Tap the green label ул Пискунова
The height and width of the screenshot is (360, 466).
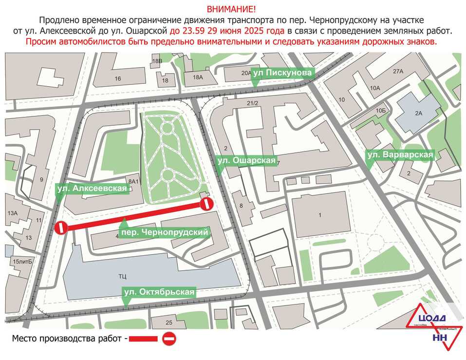coord(282,73)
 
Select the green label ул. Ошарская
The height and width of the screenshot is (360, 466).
coord(246,160)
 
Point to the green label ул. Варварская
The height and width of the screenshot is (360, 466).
coord(400,155)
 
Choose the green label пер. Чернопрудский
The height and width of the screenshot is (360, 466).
coord(166,233)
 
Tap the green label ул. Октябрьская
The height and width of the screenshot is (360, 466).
coord(159,292)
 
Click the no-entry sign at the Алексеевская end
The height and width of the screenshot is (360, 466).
coord(61,227)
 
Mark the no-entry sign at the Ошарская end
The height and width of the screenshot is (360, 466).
coord(207,204)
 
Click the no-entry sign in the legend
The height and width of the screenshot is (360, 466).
coord(169,338)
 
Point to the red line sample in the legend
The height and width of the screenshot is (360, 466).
coord(143,339)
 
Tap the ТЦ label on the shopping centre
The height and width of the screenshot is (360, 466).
coord(122,277)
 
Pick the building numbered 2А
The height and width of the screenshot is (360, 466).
coord(418,113)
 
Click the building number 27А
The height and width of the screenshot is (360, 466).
coord(398,72)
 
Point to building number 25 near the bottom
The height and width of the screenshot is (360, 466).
coord(169,322)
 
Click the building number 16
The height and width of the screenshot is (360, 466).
coord(117,78)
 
